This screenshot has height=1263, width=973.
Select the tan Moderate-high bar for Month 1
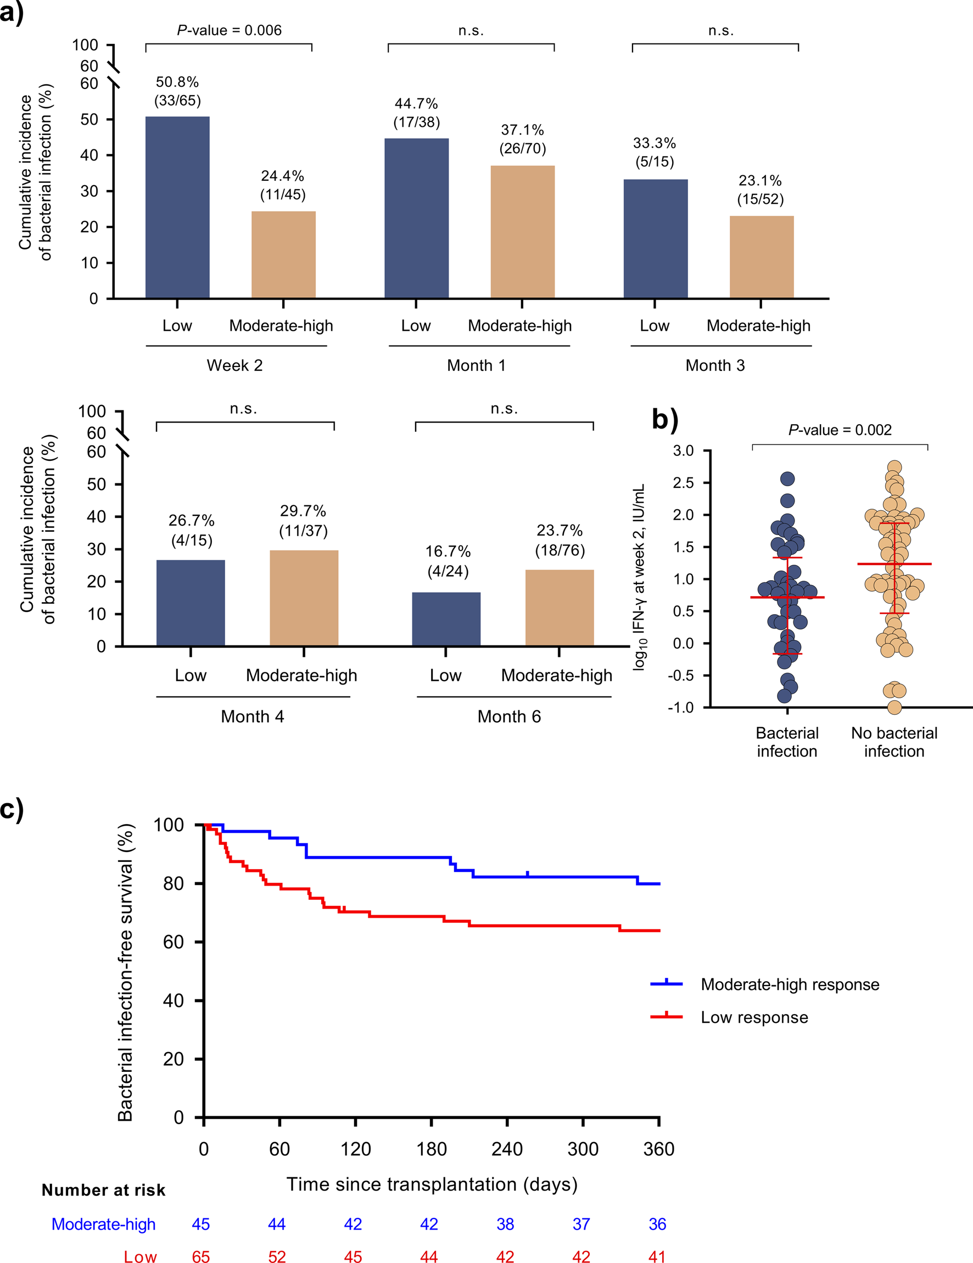pos(522,232)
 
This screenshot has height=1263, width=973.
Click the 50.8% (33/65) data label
pos(177,91)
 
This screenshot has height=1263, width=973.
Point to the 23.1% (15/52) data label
pos(760,190)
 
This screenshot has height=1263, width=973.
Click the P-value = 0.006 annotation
pos(229,30)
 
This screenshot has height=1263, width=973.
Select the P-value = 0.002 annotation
pos(840,430)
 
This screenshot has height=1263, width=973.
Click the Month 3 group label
pos(715,365)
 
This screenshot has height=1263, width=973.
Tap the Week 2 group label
pos(234,365)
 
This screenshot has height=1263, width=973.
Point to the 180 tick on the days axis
pos(431,1149)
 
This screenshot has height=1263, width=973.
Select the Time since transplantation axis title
pos(432,1184)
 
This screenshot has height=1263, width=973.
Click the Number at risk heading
pos(103,1190)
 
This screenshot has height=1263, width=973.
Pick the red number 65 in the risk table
pos(200,1256)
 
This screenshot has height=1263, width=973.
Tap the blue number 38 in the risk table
pos(505,1224)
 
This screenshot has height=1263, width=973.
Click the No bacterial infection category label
pos(894,742)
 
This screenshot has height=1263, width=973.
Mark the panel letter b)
pos(664,419)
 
